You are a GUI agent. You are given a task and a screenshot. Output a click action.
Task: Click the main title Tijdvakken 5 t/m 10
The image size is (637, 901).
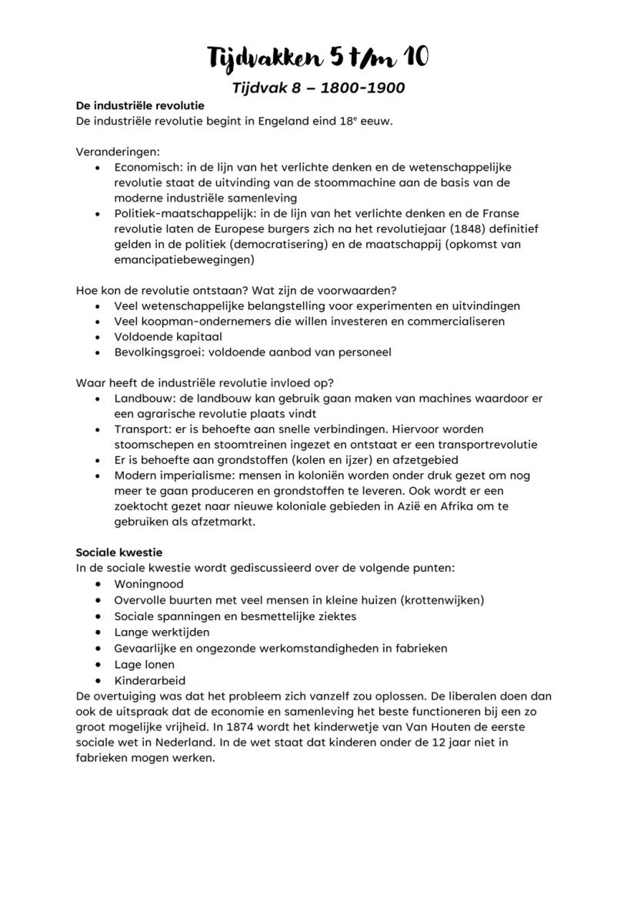[x=318, y=58]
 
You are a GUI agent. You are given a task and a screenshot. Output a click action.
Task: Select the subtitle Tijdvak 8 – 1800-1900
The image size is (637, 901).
[x=318, y=88]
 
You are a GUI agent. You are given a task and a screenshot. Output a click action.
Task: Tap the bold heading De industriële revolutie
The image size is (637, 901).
[x=139, y=105]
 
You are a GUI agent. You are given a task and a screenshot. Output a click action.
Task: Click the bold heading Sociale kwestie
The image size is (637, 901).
[x=119, y=552]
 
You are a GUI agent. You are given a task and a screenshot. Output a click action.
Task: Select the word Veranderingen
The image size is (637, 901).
[x=118, y=152]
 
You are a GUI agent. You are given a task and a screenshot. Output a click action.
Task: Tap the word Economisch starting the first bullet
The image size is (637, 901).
[x=149, y=167]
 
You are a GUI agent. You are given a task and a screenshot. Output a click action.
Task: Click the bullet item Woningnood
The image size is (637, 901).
[x=149, y=584]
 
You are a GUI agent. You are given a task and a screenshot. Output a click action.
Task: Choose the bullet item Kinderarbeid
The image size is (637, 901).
[x=150, y=680]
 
